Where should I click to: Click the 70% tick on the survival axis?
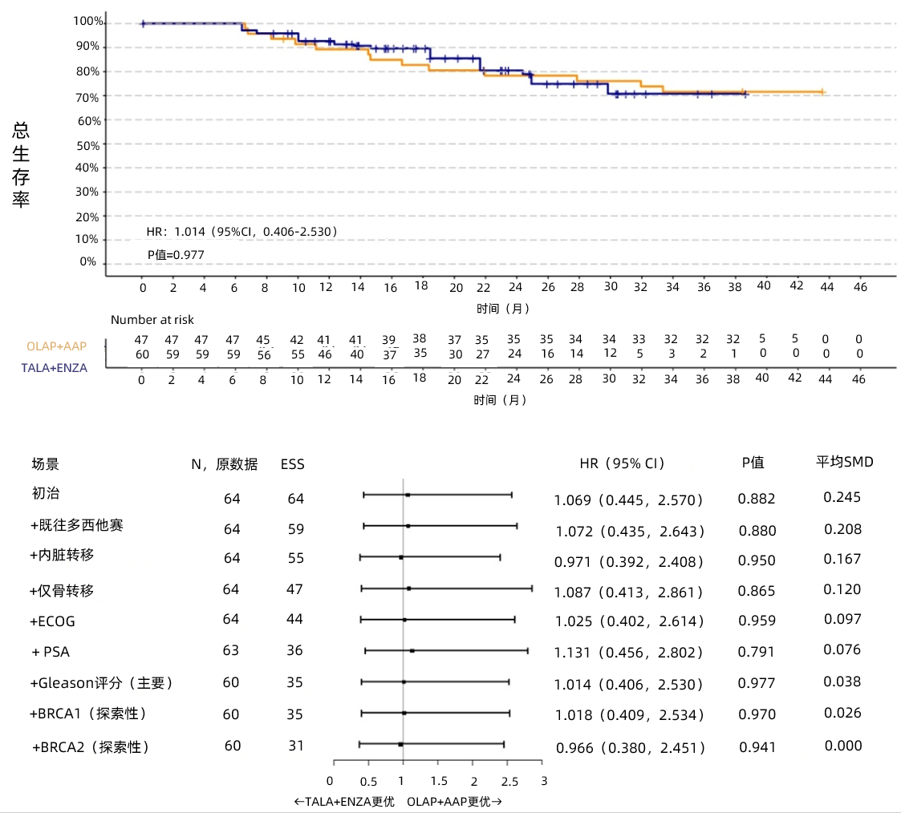tap(88, 97)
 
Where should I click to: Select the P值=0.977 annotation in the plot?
tap(176, 255)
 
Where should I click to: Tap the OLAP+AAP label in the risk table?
tap(56, 346)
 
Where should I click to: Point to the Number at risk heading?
tap(152, 320)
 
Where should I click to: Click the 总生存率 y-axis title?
tap(21, 166)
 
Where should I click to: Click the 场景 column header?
tap(45, 464)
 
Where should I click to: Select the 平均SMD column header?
tap(845, 462)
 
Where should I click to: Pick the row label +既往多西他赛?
tap(77, 527)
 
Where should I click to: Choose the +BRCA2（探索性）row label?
tap(91, 747)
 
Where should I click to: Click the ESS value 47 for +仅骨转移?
tap(295, 590)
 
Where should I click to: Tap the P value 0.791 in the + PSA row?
tap(757, 651)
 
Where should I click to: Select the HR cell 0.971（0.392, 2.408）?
tap(629, 562)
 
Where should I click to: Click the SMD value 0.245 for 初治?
tap(842, 497)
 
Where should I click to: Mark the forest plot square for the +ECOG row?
tap(404, 620)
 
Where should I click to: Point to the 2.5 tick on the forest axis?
tap(509, 781)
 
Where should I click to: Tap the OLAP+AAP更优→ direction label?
tap(455, 801)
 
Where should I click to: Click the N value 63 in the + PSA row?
tap(231, 650)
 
